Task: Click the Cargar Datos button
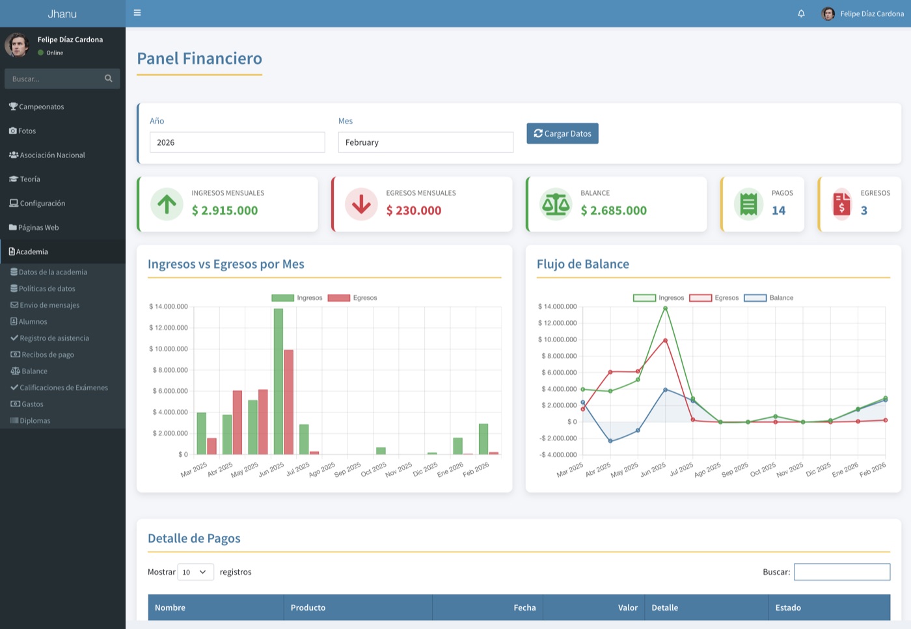562,133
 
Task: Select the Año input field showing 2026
237,142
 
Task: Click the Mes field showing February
426,142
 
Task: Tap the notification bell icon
801,14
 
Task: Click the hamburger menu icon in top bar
137,12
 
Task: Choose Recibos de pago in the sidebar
42,355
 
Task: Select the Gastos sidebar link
27,404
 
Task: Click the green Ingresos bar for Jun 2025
279,381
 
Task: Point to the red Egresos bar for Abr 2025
237,422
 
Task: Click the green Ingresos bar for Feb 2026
483,439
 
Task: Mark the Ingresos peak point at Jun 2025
665,308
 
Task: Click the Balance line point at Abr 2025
610,441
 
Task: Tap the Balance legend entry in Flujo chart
768,298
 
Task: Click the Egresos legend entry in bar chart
352,298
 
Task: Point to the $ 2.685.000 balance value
613,210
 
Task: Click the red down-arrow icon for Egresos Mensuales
361,204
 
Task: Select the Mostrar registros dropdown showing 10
196,572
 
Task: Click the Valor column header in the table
627,608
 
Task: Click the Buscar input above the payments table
842,572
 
